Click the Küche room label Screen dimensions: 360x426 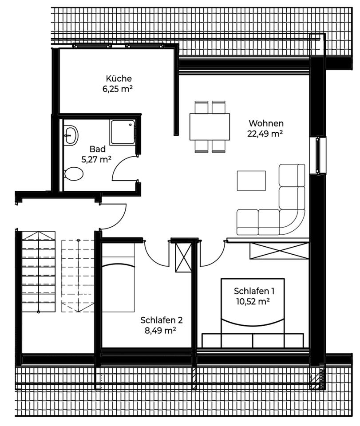pos(119,79)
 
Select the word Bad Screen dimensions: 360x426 pos(97,149)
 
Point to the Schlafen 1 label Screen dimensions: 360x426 pos(254,291)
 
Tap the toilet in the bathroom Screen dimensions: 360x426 pos(74,174)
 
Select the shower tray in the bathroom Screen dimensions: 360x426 pos(123,132)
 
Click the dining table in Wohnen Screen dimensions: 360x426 pos(210,126)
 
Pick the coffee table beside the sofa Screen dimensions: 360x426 pos(251,181)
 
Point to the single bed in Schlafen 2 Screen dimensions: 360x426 pos(118,280)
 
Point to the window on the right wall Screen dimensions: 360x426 pos(318,155)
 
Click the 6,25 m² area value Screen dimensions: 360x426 pos(118,89)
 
